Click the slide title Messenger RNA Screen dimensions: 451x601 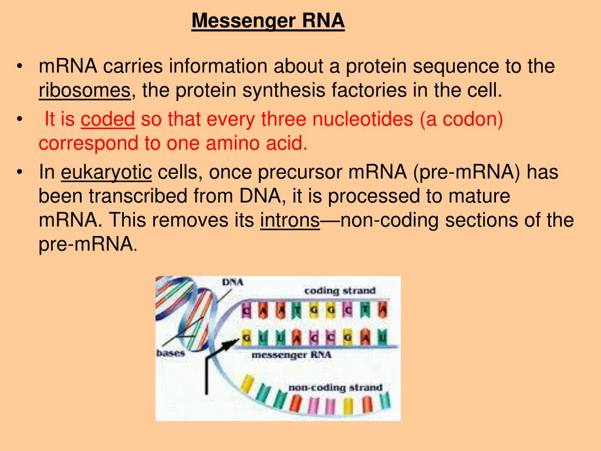[268, 22]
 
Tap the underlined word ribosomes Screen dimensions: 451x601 [85, 90]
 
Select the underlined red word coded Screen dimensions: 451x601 [108, 120]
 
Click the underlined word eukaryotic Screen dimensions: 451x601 [107, 173]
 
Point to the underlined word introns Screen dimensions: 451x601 [289, 221]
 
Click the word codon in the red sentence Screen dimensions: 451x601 [472, 120]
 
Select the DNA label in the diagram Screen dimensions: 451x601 [232, 282]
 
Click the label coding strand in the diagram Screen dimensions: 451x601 [339, 291]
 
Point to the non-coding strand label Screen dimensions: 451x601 [335, 388]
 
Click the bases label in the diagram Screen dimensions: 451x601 [170, 353]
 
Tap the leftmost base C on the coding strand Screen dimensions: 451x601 [247, 309]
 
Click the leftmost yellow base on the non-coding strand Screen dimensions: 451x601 [247, 385]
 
